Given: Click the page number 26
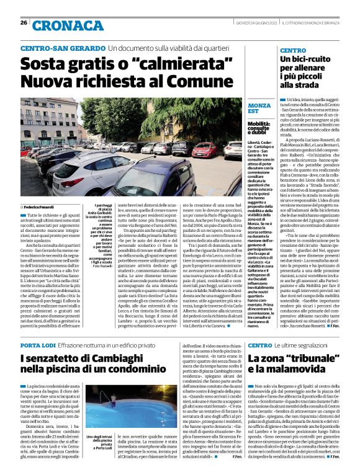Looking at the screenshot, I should (x=23, y=22).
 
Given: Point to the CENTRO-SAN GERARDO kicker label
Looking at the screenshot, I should (x=62, y=48).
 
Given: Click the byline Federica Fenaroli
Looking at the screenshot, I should (x=40, y=206).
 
